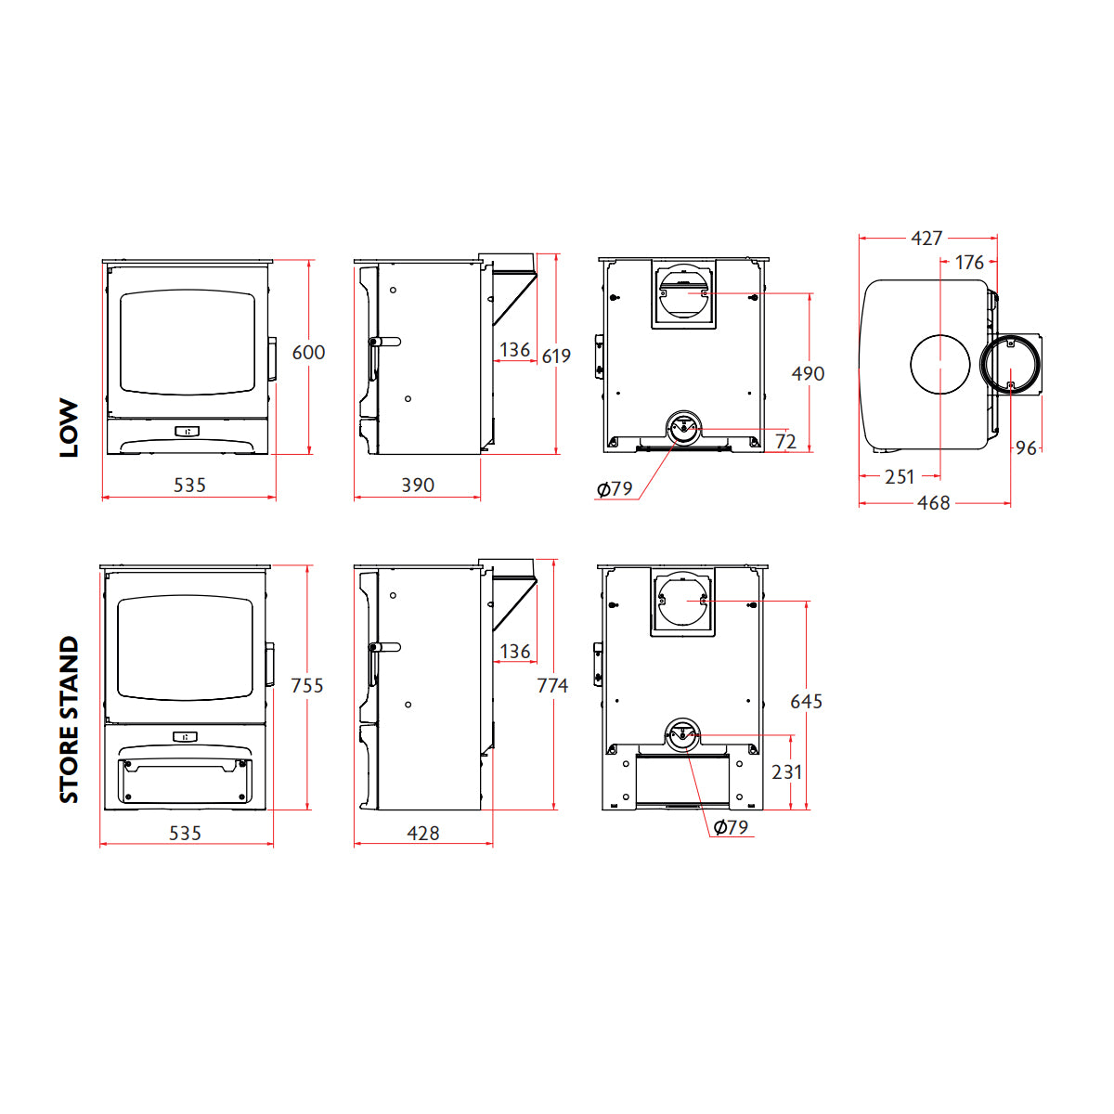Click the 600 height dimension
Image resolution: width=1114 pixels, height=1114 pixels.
pyautogui.click(x=308, y=353)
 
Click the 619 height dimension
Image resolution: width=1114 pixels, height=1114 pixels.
pyautogui.click(x=556, y=356)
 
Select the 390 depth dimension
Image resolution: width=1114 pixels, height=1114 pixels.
pyautogui.click(x=418, y=485)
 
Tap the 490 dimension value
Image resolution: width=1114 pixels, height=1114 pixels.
pyautogui.click(x=808, y=373)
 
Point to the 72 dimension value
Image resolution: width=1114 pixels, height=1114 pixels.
pyautogui.click(x=785, y=442)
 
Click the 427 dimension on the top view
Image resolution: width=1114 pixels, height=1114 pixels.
pyautogui.click(x=926, y=239)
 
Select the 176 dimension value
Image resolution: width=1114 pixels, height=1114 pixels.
pyautogui.click(x=969, y=263)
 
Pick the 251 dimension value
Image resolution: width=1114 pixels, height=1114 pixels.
pyautogui.click(x=900, y=476)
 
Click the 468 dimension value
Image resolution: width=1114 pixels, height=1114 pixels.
pyautogui.click(x=933, y=503)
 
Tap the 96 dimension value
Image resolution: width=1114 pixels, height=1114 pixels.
pyautogui.click(x=1025, y=448)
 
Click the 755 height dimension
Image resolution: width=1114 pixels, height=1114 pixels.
pyautogui.click(x=307, y=685)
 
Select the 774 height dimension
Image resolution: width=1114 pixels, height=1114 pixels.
pyautogui.click(x=552, y=685)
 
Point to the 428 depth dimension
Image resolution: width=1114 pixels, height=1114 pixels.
pyautogui.click(x=423, y=833)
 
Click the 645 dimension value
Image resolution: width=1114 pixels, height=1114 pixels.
pyautogui.click(x=806, y=701)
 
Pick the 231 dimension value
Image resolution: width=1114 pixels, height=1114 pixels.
pyautogui.click(x=786, y=771)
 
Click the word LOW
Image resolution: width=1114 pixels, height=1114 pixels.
pyautogui.click(x=70, y=429)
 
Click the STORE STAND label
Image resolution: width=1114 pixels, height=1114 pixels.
pyautogui.click(x=70, y=719)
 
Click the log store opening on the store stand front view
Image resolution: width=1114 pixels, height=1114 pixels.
pyautogui.click(x=186, y=781)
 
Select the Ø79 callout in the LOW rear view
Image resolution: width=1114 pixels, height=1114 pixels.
pyautogui.click(x=615, y=489)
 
